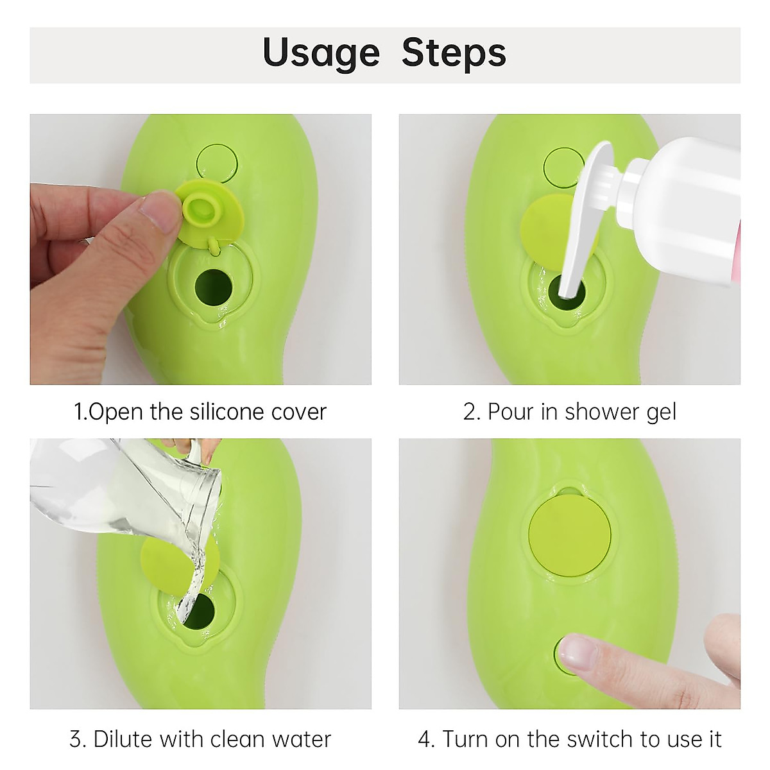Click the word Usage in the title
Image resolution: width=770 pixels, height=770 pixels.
click(321, 54)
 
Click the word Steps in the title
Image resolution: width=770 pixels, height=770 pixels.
click(454, 54)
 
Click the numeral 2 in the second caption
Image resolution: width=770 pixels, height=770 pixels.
click(471, 411)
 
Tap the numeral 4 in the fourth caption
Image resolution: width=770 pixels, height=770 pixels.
click(425, 739)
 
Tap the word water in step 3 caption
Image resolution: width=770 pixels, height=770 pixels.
click(299, 739)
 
